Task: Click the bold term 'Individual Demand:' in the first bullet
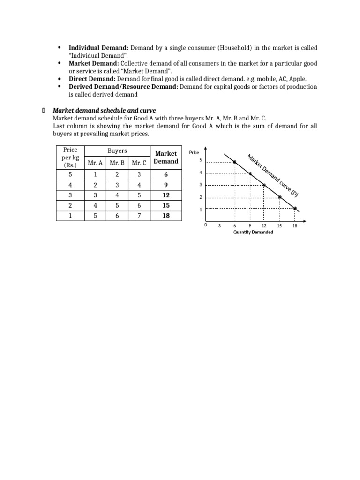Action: tap(99, 48)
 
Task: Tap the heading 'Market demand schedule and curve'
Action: tap(105, 110)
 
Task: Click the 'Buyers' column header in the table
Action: tap(117, 151)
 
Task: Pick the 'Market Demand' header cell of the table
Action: tap(166, 157)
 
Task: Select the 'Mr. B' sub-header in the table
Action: tap(117, 163)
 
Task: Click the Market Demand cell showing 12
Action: tap(166, 195)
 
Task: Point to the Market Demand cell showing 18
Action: tap(166, 216)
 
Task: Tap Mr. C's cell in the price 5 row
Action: tap(139, 174)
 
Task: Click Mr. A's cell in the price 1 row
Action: tap(95, 216)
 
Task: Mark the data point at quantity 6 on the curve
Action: tap(235, 162)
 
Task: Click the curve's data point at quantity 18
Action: tap(295, 208)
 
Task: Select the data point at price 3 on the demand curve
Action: tap(264, 185)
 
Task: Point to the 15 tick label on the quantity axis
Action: tap(279, 226)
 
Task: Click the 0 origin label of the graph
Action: tap(205, 225)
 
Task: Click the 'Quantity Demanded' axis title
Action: tap(253, 232)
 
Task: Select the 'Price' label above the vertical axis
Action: tap(194, 152)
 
